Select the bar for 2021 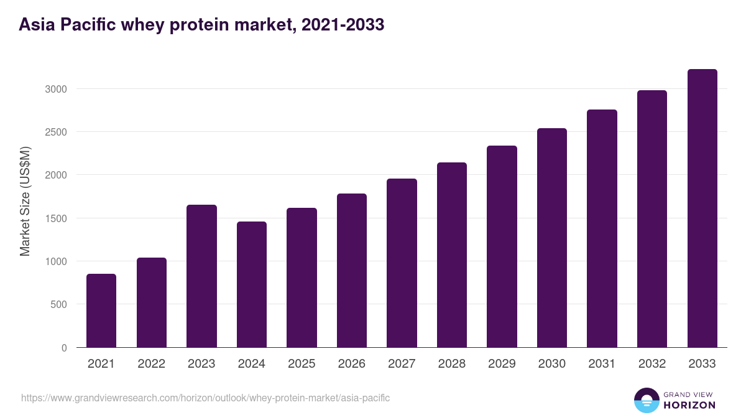(101, 310)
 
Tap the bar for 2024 (252, 284)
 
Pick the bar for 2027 (402, 263)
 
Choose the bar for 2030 (552, 238)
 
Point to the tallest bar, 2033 (702, 208)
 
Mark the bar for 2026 (352, 270)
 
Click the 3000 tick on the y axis (56, 89)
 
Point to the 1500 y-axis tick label (56, 218)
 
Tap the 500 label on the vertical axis (59, 305)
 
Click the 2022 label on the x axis (152, 364)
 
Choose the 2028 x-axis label (452, 364)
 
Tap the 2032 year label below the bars (652, 364)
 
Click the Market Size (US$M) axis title (25, 201)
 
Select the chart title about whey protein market (201, 25)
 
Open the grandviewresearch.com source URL (206, 398)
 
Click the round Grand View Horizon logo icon (646, 400)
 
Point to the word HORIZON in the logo (689, 405)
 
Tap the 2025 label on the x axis (302, 364)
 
